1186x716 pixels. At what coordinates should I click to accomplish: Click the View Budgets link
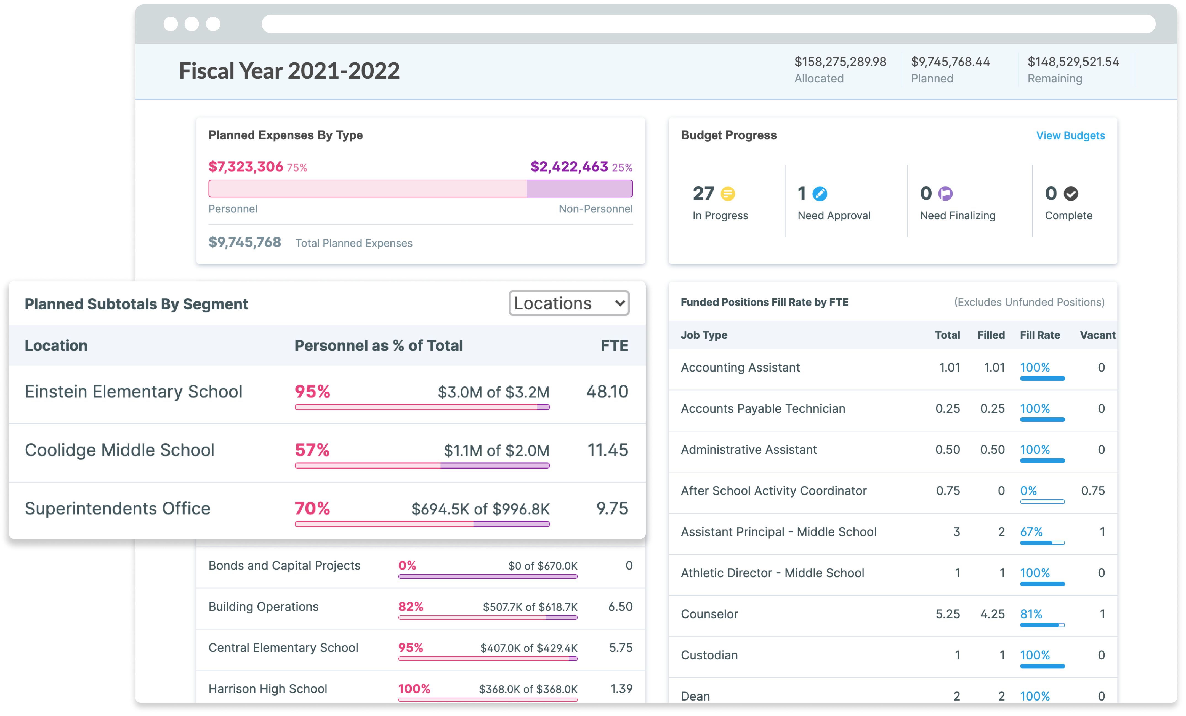click(1070, 136)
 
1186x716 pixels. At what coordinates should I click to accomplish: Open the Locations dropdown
click(568, 303)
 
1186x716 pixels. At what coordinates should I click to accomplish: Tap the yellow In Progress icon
click(728, 194)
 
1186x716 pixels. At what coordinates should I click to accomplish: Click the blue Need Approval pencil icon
click(820, 194)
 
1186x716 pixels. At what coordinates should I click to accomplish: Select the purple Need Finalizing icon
click(945, 194)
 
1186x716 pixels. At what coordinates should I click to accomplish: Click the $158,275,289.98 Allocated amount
click(840, 62)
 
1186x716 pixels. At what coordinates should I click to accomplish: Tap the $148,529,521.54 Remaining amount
click(1073, 62)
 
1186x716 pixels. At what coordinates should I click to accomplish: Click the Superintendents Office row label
click(118, 509)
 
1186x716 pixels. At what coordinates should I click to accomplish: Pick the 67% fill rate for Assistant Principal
click(1031, 532)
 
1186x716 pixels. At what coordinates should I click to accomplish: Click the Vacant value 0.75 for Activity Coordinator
click(1093, 491)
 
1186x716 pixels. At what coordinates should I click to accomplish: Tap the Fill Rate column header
click(1040, 335)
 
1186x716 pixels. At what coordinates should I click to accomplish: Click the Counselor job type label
click(709, 614)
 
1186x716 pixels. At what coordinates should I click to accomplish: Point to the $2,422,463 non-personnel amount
click(569, 167)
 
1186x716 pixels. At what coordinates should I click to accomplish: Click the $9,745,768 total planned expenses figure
click(244, 242)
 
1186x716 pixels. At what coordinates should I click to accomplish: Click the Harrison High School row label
click(268, 689)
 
